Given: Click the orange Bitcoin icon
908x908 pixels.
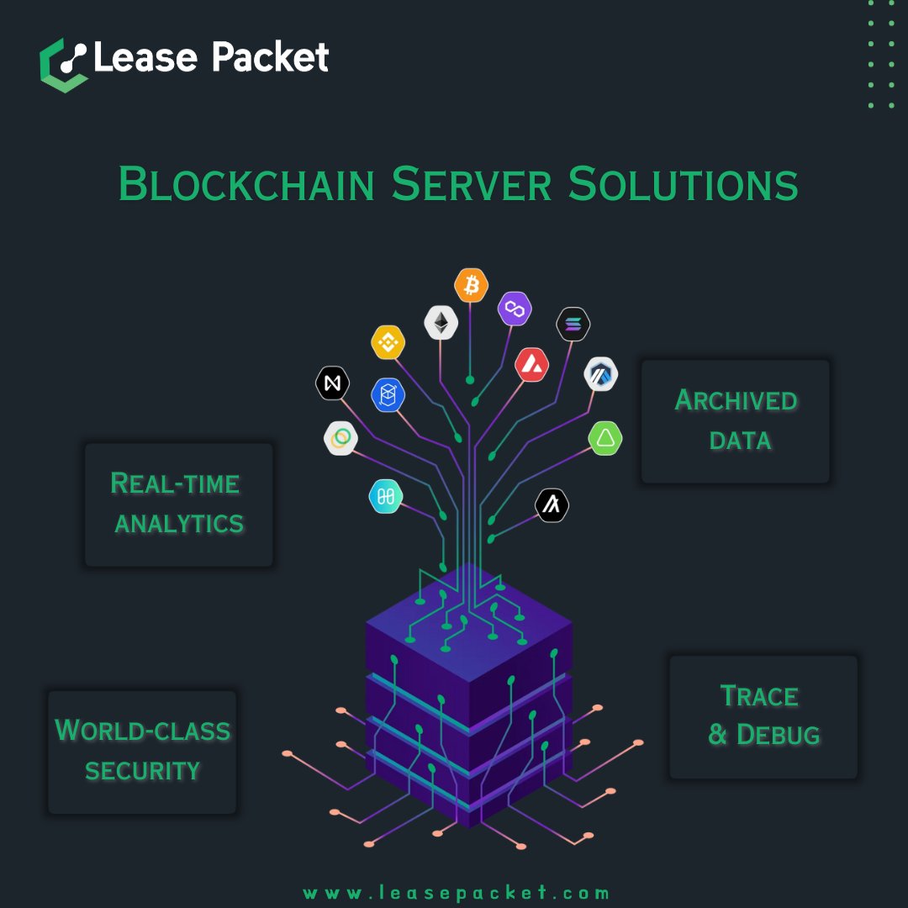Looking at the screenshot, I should (x=471, y=286).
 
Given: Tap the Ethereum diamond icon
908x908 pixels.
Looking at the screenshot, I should (x=440, y=322).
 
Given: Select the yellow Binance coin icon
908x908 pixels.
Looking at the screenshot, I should (x=388, y=342).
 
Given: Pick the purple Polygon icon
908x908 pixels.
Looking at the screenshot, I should (x=515, y=309).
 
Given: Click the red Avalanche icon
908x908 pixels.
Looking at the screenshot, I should (x=532, y=364).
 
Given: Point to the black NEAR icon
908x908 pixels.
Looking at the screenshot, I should (x=332, y=383).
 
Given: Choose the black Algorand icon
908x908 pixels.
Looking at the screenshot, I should (x=552, y=505).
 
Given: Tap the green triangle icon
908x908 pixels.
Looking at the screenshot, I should (x=605, y=438).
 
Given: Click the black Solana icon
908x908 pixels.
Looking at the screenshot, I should (x=573, y=325).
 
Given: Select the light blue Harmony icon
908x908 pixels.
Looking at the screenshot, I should (x=386, y=497).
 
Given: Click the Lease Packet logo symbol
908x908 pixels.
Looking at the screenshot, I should (x=63, y=64).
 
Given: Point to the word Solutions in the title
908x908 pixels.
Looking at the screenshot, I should (x=683, y=184).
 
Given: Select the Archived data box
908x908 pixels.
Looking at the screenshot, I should (x=736, y=421).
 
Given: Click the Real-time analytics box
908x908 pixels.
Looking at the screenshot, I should (x=178, y=504).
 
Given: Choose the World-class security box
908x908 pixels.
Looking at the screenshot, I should (x=142, y=752).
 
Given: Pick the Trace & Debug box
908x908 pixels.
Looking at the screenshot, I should (x=763, y=716).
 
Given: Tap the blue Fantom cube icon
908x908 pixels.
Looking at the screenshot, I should (x=388, y=394).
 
